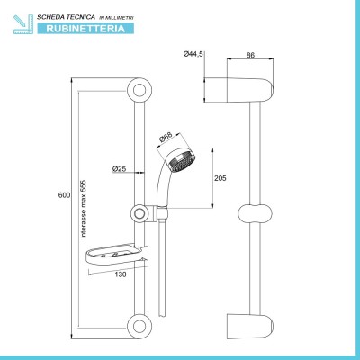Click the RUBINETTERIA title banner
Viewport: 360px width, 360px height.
(85, 29)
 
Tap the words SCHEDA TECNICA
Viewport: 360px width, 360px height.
(66, 17)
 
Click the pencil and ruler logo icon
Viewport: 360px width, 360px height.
(23, 24)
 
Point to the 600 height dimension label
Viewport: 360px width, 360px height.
(64, 195)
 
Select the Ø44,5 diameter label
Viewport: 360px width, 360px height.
(193, 54)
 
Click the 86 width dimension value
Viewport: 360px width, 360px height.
(250, 55)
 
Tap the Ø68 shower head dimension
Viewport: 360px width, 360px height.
(166, 138)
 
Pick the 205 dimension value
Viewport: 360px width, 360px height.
(220, 178)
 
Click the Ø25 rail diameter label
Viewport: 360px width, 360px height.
(119, 169)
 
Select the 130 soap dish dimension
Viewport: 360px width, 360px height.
(121, 274)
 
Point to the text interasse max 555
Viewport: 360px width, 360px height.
(84, 210)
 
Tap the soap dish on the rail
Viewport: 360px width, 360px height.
(117, 256)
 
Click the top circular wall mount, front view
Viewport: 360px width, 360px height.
(139, 90)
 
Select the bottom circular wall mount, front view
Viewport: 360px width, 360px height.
(139, 327)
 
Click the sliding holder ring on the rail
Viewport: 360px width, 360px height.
(139, 213)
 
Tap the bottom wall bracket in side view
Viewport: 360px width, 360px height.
(250, 327)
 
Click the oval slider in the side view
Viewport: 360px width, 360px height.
(255, 214)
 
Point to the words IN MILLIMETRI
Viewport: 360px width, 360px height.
(116, 18)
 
